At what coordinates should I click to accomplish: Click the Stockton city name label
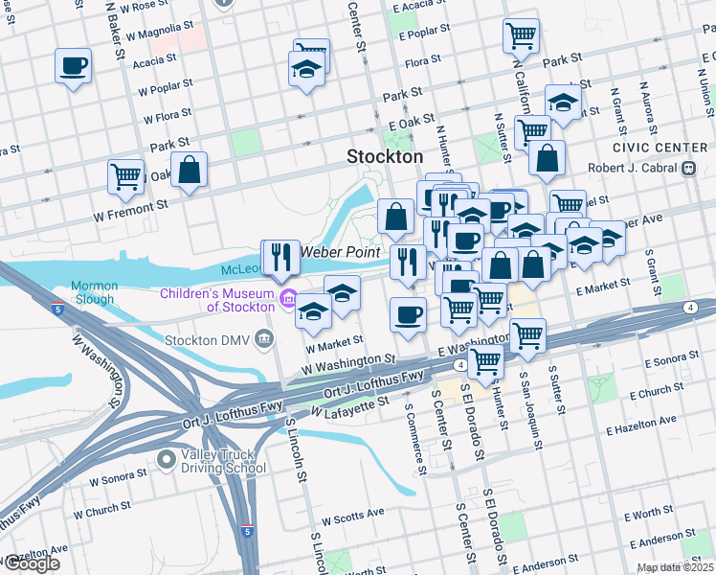pos(384,156)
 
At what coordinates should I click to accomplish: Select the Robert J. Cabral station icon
pos(688,168)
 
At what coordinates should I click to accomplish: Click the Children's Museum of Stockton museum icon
pos(287,301)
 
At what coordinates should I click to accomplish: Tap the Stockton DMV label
pos(208,339)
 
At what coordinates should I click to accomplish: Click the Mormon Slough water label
pos(94,292)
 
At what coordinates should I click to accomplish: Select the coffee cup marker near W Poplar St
pos(73,66)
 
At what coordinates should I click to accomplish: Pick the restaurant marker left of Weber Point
pos(280,256)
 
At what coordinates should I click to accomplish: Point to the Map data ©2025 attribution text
pos(673,568)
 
